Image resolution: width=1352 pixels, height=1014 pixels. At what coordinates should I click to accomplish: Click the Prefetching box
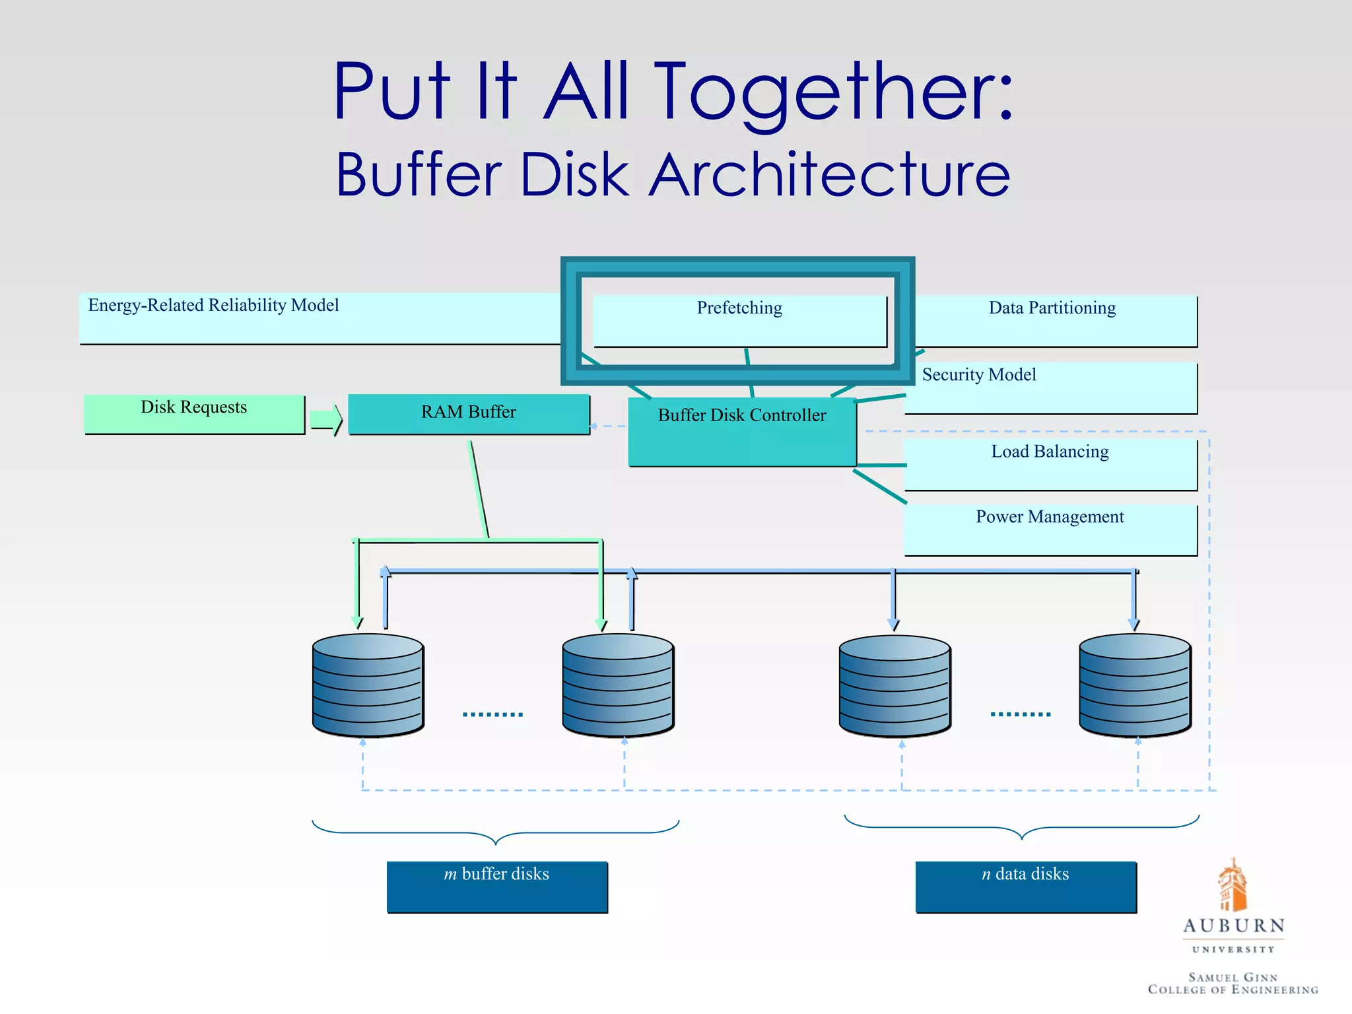pos(739,321)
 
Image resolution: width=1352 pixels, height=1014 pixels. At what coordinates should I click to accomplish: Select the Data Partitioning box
pos(1052,321)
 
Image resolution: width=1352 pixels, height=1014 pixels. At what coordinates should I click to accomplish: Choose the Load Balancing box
pos(1050,464)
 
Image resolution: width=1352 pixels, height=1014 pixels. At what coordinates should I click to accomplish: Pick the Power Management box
pos(1050,529)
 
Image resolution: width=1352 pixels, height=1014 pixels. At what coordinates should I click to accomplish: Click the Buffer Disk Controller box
pos(742,432)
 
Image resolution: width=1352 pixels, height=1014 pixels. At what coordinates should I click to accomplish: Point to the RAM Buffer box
pos(469,414)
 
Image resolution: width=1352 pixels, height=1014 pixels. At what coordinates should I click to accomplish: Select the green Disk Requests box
pos(194,414)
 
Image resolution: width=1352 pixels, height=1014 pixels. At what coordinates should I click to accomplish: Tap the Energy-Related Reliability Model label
pos(213,306)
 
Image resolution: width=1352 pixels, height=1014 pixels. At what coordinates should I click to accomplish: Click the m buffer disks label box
pos(496,887)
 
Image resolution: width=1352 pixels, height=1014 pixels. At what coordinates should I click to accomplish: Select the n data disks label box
pos(1025,887)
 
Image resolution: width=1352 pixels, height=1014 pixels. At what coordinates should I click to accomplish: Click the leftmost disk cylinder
pos(368,685)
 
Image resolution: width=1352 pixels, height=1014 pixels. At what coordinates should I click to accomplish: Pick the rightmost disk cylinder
pos(1135,685)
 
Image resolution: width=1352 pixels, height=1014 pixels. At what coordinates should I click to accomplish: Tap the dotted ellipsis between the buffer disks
pos(492,714)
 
